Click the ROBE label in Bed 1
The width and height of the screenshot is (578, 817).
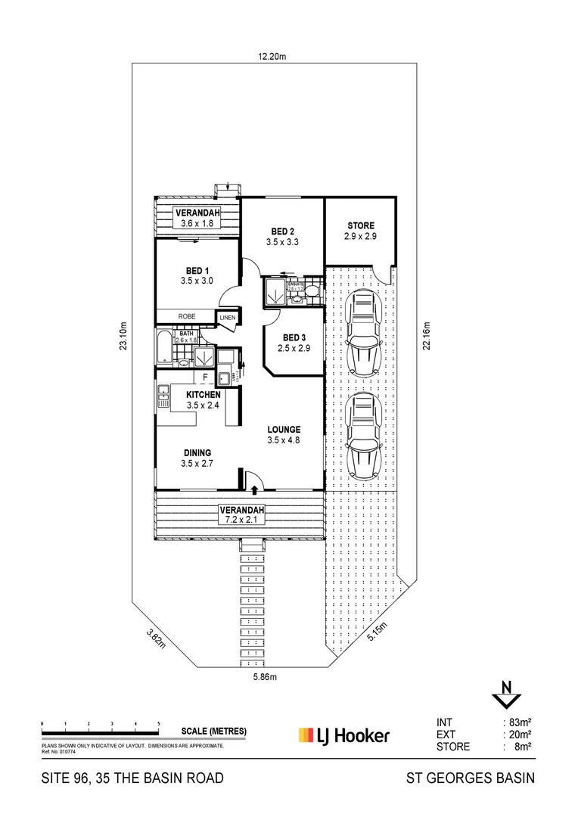coord(187,317)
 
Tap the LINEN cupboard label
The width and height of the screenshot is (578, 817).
coord(228,318)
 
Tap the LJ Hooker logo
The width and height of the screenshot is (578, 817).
coord(343,735)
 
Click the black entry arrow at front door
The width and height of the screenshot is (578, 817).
coord(255,490)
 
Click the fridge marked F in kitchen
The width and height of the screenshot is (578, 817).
coord(204,376)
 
